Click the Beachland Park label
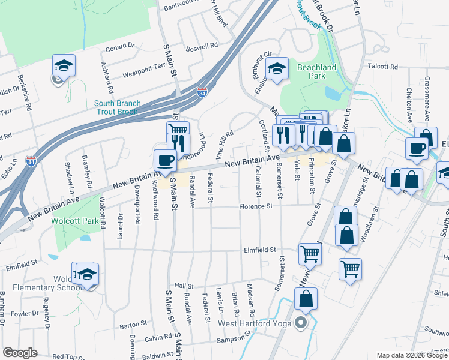[316, 72]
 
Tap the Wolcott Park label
[81, 221]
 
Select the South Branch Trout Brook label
[117, 107]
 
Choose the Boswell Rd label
[201, 46]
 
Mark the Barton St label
[129, 326]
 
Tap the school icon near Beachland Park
[277, 68]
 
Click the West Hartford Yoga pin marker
[301, 323]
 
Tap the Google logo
[20, 353]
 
